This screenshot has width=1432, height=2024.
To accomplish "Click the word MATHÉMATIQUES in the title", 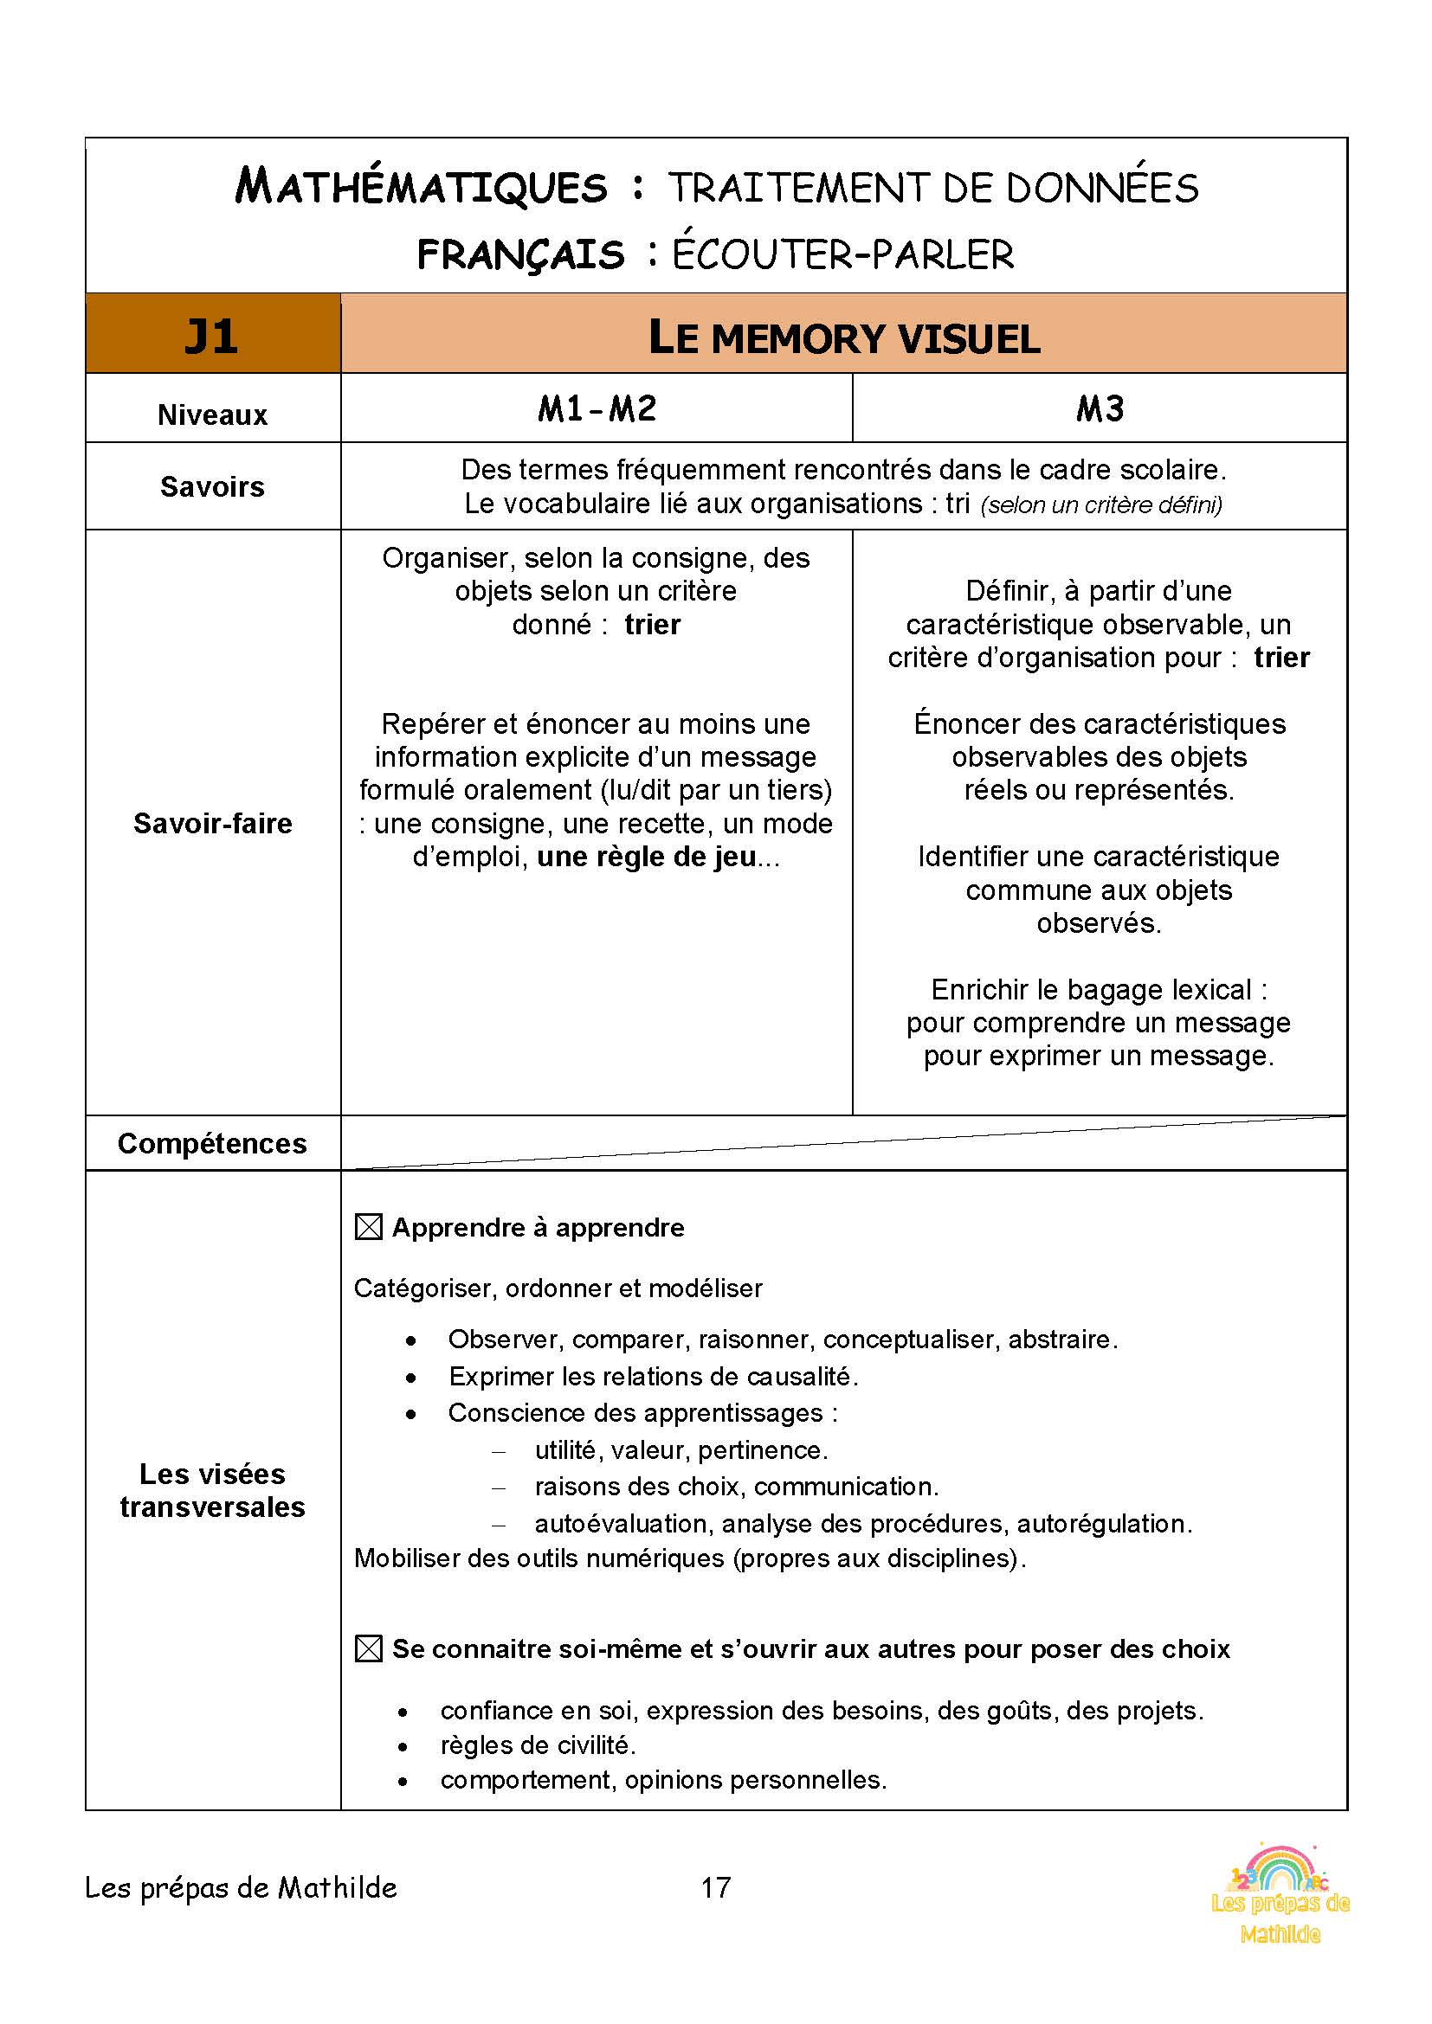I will tap(421, 187).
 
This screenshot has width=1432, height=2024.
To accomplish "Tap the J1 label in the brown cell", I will tap(211, 336).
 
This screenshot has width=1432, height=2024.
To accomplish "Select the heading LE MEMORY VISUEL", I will tap(844, 338).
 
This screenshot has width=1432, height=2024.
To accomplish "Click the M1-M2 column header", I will tap(597, 409).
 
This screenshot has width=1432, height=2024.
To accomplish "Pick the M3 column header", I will tap(1100, 409).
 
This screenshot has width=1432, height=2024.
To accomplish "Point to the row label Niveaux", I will tap(212, 414).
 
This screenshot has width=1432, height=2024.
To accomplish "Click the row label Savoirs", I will tap(212, 486).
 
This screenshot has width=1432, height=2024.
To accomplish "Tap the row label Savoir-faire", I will tap(212, 822).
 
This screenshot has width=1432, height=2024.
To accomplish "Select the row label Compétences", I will tap(212, 1143).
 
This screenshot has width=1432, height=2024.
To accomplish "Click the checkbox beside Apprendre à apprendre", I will tap(369, 1227).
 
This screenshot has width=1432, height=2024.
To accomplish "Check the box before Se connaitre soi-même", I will tap(369, 1648).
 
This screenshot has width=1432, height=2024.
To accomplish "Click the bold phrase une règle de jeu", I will tap(647, 857).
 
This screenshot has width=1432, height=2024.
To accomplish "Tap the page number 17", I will tap(715, 1886).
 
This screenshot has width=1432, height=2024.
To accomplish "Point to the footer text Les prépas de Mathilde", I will tap(241, 1887).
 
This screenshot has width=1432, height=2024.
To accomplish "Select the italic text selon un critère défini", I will tap(1100, 505).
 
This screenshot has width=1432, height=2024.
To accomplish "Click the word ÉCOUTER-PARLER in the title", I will tap(843, 254).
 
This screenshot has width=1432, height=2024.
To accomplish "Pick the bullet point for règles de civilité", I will tap(403, 1746).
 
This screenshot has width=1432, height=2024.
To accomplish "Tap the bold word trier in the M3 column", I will tap(1281, 658).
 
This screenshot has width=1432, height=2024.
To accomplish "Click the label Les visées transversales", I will tap(212, 1490).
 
